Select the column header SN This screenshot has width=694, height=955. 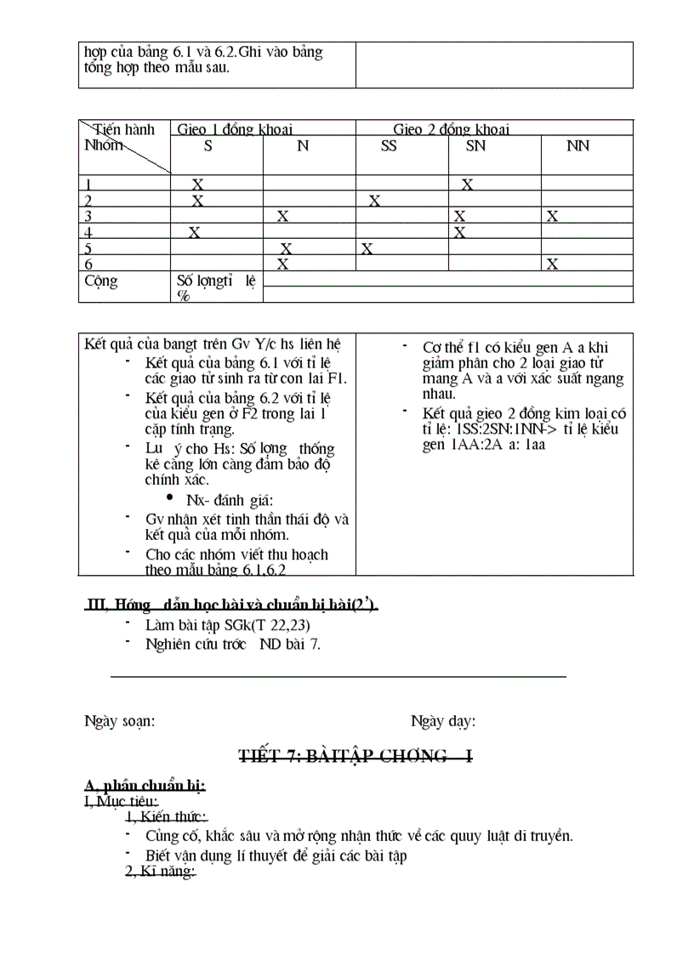pos(476,146)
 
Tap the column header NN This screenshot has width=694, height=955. pos(577,146)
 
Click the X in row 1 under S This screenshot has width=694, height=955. pos(197,185)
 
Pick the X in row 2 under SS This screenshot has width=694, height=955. pos(374,201)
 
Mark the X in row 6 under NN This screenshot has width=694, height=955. pos(552,264)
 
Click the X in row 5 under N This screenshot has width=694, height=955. pos(287,248)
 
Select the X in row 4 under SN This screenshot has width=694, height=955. pos(459,232)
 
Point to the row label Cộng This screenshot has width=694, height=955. pos(101,281)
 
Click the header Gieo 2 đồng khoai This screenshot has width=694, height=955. pos(451,129)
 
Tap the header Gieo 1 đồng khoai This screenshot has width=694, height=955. pos(234,129)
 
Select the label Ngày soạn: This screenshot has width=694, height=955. pos(119,721)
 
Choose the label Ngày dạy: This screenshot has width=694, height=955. pos(443,721)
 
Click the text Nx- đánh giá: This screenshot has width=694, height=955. pos(230,500)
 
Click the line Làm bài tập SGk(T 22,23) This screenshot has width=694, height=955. pos(221,625)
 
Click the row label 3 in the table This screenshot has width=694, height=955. pos(88,216)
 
